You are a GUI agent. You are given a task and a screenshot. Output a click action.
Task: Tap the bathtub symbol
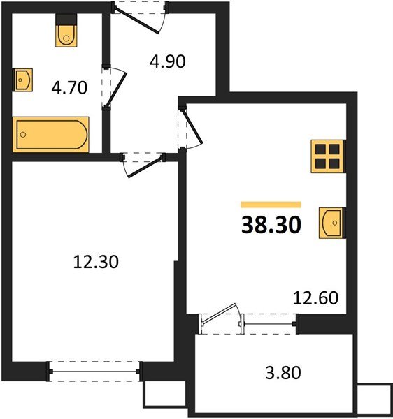[50, 134]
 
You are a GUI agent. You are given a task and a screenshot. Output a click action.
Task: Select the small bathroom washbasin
[24, 80]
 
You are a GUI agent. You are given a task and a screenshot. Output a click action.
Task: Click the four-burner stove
[328, 156]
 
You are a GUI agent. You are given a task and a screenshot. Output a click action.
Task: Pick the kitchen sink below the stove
[331, 223]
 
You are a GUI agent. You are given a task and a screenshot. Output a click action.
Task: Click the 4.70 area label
[69, 88]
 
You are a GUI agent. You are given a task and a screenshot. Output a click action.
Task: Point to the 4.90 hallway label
[168, 61]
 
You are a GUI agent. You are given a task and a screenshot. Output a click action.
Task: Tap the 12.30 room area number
[96, 262]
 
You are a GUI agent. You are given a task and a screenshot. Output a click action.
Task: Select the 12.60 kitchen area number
[315, 298]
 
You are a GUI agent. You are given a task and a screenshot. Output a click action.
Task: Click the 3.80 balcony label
[283, 373]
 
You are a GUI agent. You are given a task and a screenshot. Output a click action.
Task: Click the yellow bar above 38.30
[271, 205]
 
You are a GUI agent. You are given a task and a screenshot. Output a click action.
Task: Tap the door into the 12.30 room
[143, 165]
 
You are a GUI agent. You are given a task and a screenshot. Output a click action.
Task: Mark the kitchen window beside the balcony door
[270, 324]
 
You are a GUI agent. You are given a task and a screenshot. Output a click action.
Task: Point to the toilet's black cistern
[66, 20]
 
